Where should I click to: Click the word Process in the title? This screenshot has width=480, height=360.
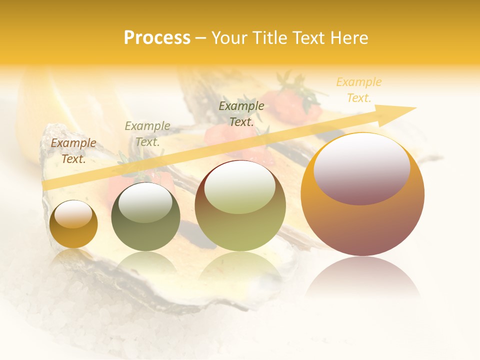[x=157, y=38]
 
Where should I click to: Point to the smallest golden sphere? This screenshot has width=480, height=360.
[x=73, y=224]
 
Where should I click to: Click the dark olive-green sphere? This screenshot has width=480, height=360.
[x=145, y=217]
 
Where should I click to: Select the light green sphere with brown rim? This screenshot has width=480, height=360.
[x=240, y=205]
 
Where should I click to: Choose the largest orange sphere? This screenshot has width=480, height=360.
[x=362, y=194]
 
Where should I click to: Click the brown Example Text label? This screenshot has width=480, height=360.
[x=73, y=151]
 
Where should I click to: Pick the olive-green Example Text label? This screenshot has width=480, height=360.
[x=147, y=134]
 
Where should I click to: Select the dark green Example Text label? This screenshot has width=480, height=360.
[x=241, y=113]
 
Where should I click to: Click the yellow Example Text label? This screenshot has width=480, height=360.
[x=359, y=90]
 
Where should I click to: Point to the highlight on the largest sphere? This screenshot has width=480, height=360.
[x=361, y=169]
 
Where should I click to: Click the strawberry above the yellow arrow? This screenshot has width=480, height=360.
[x=292, y=105]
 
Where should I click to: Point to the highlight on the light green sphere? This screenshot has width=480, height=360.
[x=239, y=189]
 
